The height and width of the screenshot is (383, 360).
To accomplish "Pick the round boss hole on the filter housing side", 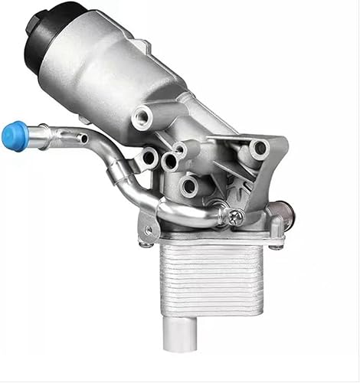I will [142, 117].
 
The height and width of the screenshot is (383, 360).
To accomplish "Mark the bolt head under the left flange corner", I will [146, 244].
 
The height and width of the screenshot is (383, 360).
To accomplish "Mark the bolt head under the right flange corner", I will [275, 244].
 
